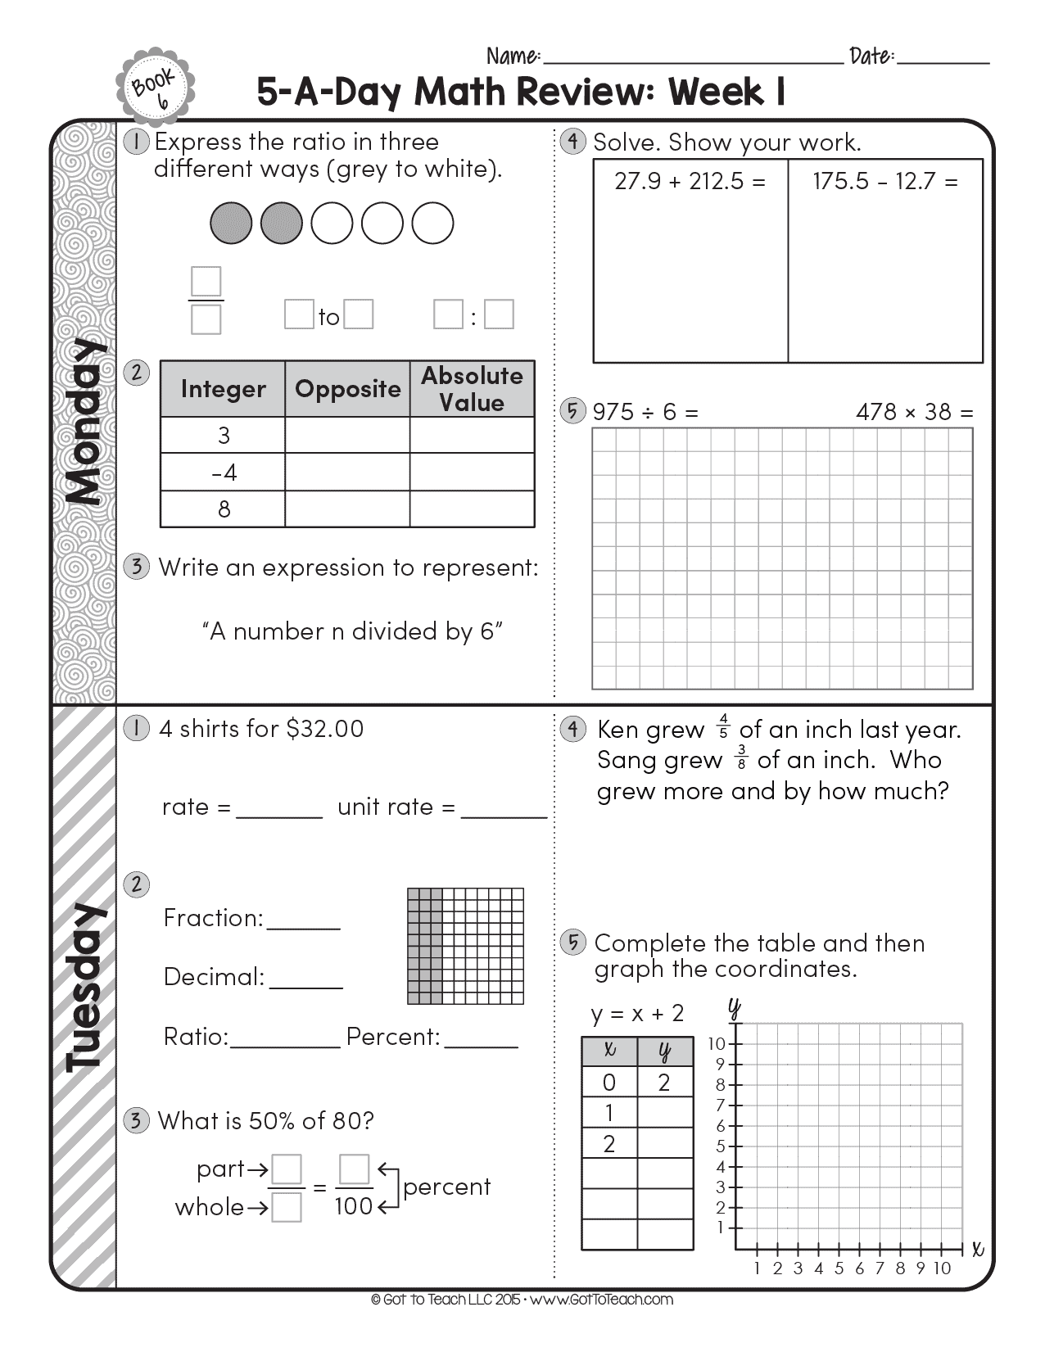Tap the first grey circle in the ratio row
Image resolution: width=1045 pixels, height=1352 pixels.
point(231,224)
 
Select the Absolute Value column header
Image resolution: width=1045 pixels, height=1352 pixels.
point(472,389)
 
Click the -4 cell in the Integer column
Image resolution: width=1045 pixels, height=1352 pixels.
point(223,473)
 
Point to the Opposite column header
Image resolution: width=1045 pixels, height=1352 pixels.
point(347,389)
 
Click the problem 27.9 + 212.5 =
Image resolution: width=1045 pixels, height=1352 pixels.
point(690,181)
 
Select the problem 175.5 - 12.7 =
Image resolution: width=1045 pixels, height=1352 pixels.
point(884,181)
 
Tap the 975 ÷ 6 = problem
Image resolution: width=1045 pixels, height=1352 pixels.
point(645,411)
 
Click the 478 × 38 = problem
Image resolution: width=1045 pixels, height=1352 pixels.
point(914,411)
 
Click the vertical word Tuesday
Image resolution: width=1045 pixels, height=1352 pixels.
point(84,987)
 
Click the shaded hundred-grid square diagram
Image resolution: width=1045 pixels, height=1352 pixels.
point(465,946)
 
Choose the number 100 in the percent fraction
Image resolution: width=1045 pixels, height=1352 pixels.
point(354,1206)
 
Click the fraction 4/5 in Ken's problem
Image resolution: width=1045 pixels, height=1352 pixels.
point(722,726)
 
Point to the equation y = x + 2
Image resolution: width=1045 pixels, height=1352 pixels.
point(637,1014)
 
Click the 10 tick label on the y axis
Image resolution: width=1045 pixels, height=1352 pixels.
point(717,1043)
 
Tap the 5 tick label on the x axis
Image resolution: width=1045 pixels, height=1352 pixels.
point(839,1268)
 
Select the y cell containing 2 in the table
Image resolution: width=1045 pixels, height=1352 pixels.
point(664,1083)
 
